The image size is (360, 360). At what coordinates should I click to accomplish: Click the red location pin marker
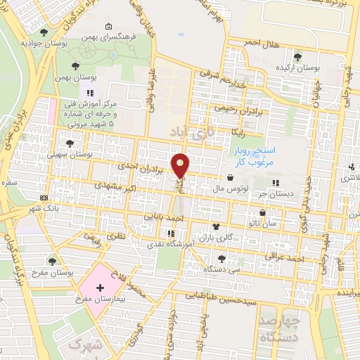pos(181,165)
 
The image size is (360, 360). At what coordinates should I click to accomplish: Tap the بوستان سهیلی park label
pos(89,153)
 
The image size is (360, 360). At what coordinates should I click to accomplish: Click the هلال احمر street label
pos(262,43)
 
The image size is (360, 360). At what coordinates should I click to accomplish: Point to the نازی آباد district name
pos(192,131)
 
